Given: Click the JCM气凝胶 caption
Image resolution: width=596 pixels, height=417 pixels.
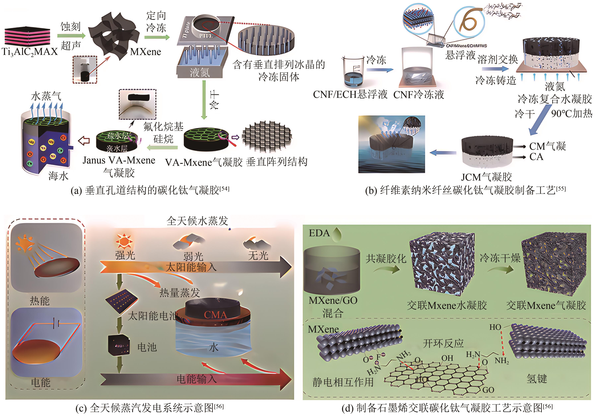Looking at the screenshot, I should [x=486, y=177].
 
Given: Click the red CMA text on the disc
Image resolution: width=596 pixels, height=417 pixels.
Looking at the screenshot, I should [x=215, y=315].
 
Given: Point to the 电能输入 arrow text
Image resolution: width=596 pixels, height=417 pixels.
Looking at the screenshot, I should [x=197, y=379].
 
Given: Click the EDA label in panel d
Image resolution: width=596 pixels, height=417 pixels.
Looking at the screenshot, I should [x=319, y=233].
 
